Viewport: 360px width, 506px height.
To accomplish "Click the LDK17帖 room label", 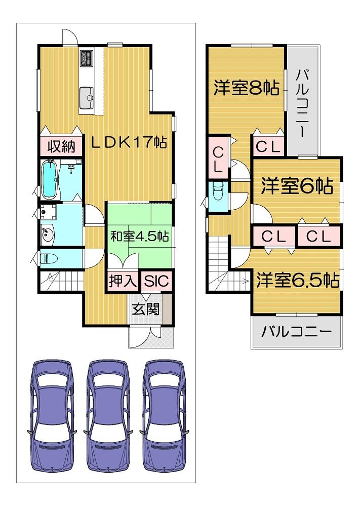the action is pos(129,142).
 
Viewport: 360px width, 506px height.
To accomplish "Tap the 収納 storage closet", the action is pos(61,146).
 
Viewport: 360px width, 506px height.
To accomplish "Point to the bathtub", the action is pos(50,179).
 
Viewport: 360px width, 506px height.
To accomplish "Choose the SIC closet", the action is pos(156,281).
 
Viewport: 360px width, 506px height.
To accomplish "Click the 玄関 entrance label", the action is pos(146,309).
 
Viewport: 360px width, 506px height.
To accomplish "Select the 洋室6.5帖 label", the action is pos(298,280).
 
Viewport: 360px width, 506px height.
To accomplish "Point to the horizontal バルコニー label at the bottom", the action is pos(296,331).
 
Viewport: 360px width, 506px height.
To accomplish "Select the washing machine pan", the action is pos(49,212).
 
